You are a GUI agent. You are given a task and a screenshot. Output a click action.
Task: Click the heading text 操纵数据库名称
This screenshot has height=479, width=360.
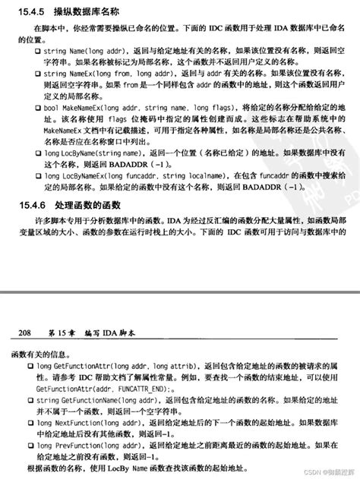pyautogui.click(x=86, y=13)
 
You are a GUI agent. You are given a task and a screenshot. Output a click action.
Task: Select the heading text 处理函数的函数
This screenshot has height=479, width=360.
pyautogui.click(x=86, y=205)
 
